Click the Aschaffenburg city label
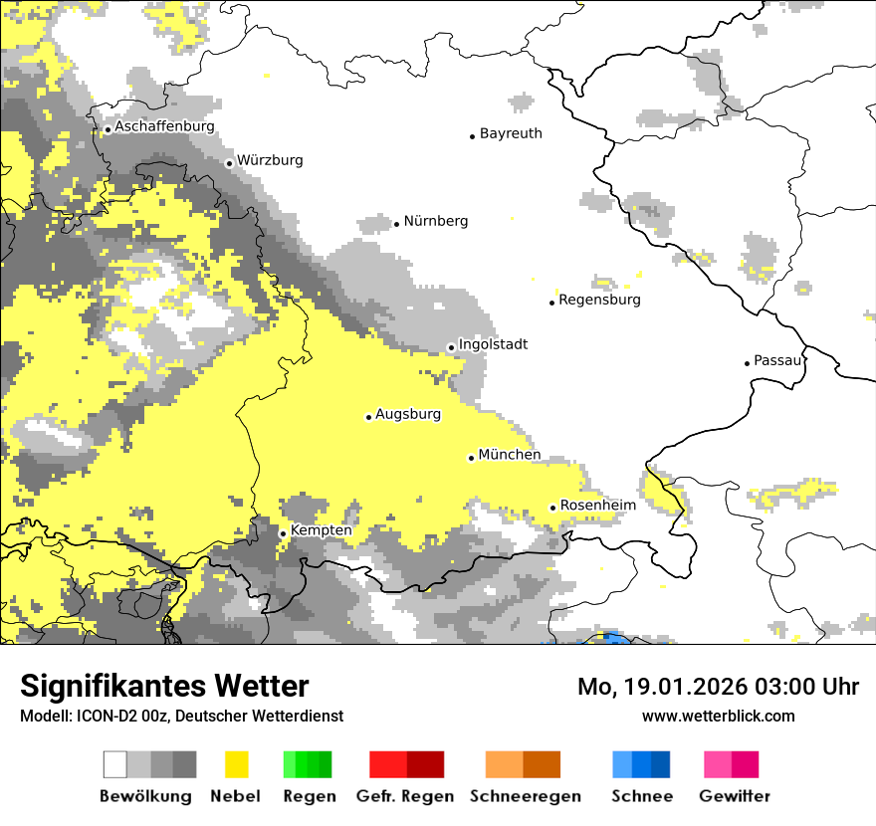[164, 127]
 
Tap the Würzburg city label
[270, 160]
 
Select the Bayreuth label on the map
[511, 133]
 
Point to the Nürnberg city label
[435, 221]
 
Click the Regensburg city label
[599, 300]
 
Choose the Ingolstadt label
[493, 344]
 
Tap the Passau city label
[777, 360]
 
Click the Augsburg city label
[408, 414]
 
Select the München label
[510, 455]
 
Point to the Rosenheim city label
[597, 506]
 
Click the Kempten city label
[321, 530]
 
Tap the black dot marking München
[471, 458]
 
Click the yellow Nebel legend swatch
[237, 764]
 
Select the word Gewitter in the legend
[734, 796]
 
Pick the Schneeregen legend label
[526, 796]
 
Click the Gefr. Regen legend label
[405, 796]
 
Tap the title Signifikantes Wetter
[164, 687]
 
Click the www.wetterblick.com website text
[718, 716]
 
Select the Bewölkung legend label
[145, 796]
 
